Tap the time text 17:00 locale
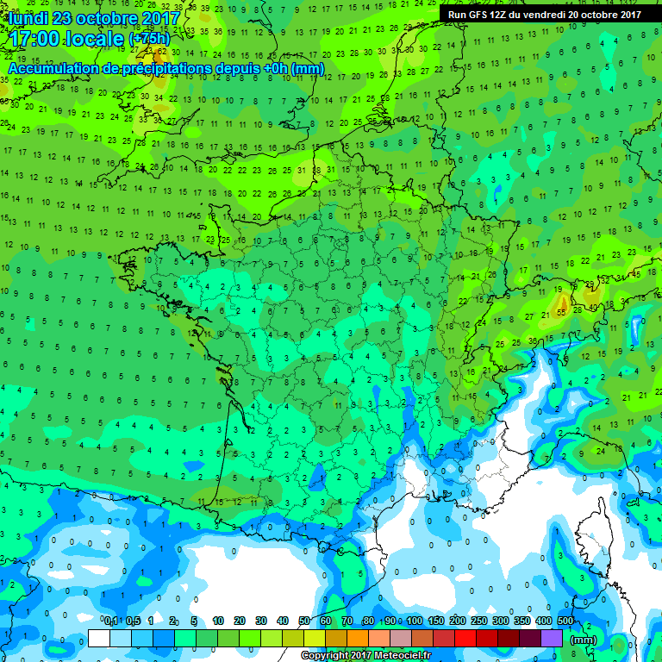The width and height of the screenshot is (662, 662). [65, 38]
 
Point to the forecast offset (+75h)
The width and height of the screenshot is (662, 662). [150, 39]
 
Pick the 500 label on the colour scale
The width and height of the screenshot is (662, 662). [565, 621]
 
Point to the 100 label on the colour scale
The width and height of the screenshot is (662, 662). [415, 621]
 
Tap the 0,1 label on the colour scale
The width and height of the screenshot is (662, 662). [111, 621]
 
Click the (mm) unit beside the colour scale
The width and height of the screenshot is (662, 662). [584, 640]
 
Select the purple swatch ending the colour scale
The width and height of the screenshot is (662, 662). [552, 639]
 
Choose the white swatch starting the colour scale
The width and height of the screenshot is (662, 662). [99, 639]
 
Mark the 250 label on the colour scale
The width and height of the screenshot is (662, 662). [479, 621]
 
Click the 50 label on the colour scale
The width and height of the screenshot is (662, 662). [304, 621]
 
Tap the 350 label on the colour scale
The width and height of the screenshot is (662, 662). [522, 621]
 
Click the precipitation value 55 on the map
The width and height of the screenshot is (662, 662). [561, 311]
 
